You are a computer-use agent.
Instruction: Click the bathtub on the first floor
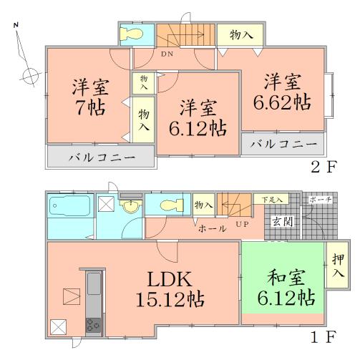[x=69, y=209]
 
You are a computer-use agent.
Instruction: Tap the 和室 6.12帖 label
[x=283, y=286]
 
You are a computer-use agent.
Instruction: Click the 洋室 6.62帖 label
[x=281, y=90]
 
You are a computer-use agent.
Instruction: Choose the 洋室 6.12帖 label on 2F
[x=198, y=118]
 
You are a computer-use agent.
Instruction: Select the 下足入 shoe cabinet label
[x=270, y=199]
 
